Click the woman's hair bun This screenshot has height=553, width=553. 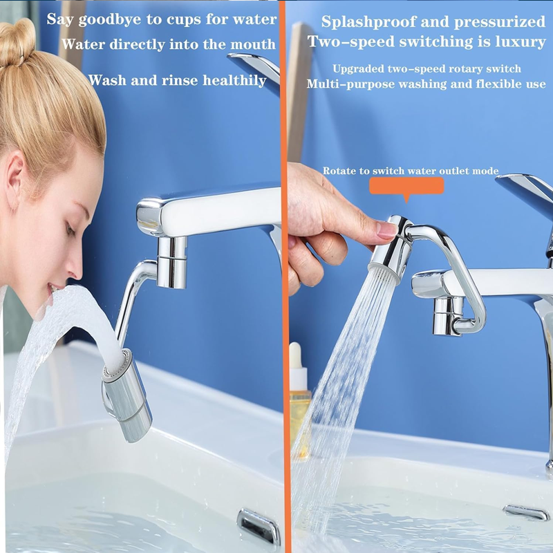[16, 42]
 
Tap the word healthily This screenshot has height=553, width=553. [234, 81]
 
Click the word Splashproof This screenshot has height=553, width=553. [368, 23]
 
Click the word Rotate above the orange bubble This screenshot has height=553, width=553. [339, 171]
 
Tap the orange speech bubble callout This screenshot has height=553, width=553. [406, 187]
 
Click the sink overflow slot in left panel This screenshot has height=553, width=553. [259, 526]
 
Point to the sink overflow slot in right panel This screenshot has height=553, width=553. [526, 512]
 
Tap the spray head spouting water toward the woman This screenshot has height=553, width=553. [128, 395]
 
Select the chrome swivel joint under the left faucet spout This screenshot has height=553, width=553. [171, 263]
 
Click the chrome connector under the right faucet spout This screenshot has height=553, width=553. [447, 315]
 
